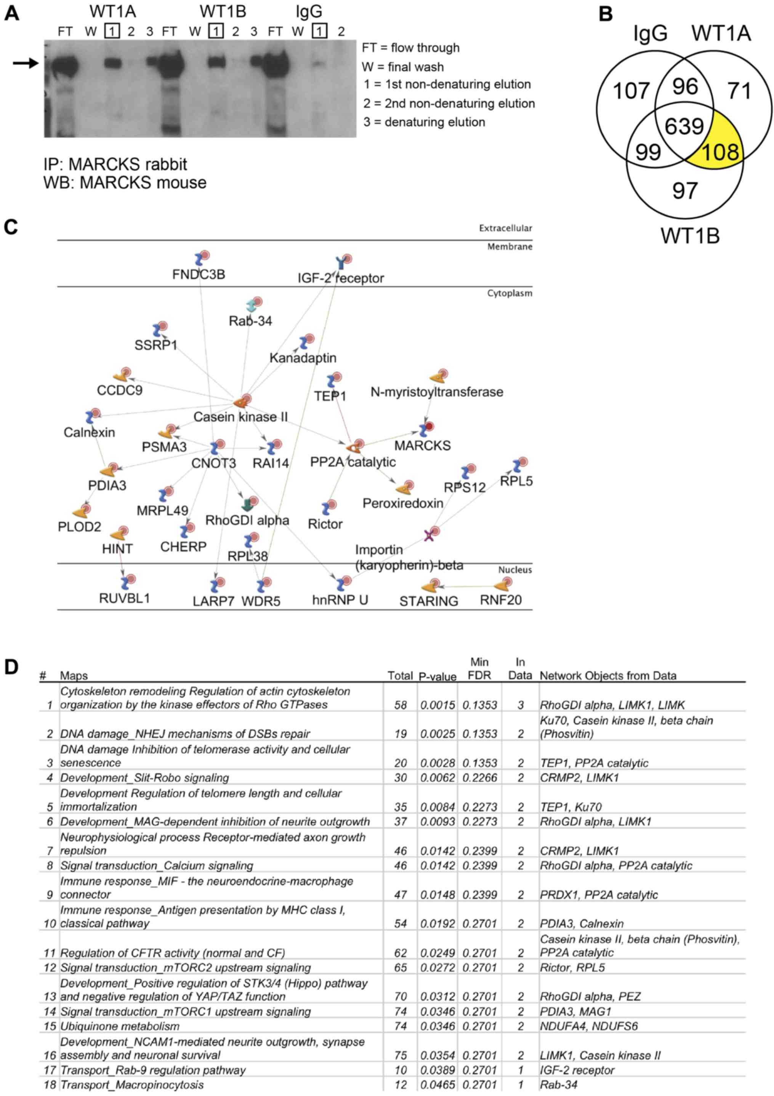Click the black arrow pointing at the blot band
point(25,62)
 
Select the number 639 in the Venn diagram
point(684,127)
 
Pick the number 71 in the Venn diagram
point(740,91)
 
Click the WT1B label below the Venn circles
point(690,236)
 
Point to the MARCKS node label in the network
point(422,445)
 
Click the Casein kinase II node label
point(240,417)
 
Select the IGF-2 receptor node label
point(340,277)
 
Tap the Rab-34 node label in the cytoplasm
point(250,321)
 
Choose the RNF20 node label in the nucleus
point(500,599)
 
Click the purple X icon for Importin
point(429,535)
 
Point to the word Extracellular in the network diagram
point(505,228)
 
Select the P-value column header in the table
point(437,676)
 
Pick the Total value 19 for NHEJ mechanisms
point(400,734)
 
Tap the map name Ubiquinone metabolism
point(120,1026)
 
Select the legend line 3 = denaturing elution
point(424,122)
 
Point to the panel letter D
point(11,667)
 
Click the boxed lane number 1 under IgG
point(319,32)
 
